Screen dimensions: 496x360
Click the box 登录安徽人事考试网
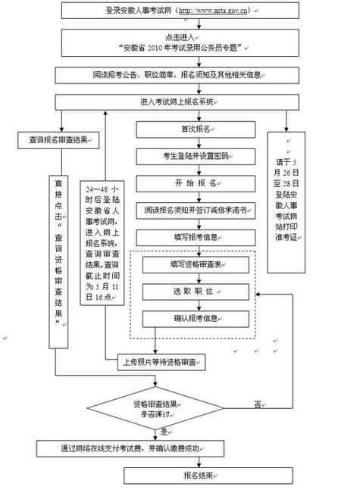(x=179, y=12)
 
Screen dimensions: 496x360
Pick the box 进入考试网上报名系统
(x=179, y=102)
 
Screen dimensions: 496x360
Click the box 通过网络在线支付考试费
(x=142, y=448)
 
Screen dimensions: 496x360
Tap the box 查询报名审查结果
(x=56, y=141)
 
